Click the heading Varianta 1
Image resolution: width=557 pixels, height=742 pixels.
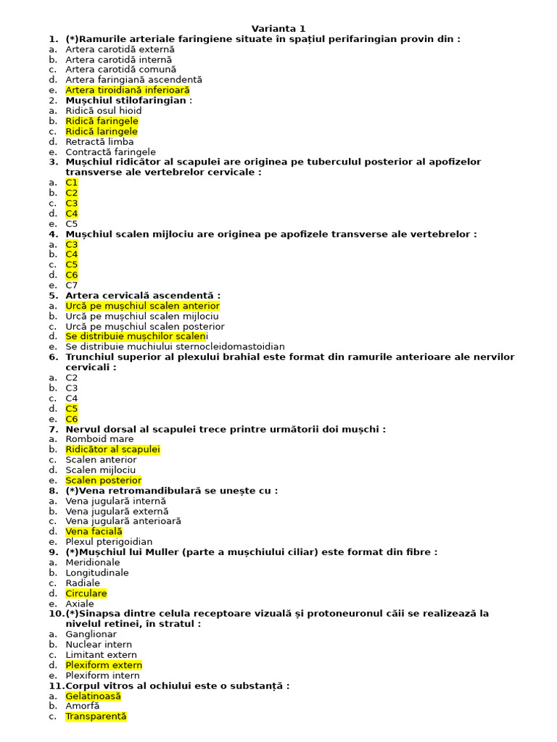pos(278,28)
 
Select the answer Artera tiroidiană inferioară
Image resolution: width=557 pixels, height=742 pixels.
pos(127,91)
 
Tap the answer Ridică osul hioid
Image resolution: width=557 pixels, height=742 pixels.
pos(103,111)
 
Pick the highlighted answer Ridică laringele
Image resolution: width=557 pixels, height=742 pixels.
pos(101,132)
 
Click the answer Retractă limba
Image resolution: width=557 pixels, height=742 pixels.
pos(99,142)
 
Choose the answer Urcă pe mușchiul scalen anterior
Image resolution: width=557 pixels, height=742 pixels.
pos(142,306)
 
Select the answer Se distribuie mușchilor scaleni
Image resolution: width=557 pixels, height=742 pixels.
pos(136,337)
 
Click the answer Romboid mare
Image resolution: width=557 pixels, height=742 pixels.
pos(99,439)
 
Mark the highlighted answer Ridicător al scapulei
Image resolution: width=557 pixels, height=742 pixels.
pos(112,449)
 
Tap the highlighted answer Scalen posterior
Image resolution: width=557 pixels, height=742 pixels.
pos(103,480)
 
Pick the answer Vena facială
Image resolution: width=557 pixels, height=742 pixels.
pos(94,531)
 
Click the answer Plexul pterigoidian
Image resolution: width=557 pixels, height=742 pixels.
pos(109,541)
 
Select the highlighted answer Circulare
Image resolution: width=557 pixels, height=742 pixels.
pos(86,593)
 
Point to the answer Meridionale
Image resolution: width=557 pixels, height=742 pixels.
pos(93,562)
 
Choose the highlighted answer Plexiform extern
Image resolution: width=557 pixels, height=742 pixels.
pos(104,665)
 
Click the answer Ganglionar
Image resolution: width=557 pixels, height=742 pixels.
pos(91,634)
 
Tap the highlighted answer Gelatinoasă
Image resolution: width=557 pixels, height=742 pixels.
pos(93,696)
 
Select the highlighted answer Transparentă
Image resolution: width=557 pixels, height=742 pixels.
pos(96,717)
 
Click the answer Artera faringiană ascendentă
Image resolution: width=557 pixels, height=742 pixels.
pos(133,80)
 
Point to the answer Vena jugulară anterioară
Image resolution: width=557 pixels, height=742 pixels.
pos(123,521)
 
